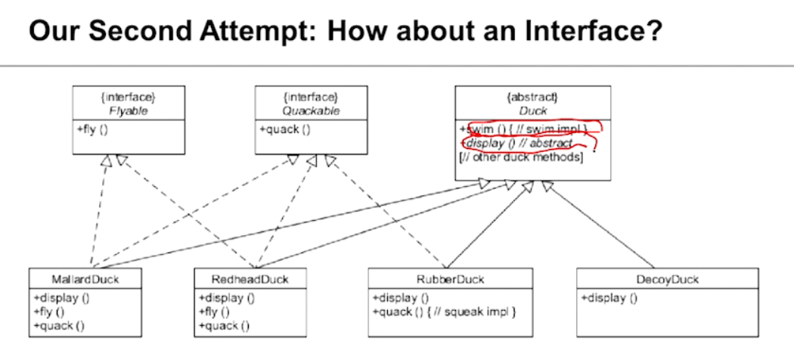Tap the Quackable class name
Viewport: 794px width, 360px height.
[x=312, y=110]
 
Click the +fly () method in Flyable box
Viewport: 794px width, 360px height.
[x=91, y=129]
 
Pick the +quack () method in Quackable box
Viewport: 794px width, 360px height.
[x=284, y=129]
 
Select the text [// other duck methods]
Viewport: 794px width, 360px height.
[x=521, y=157]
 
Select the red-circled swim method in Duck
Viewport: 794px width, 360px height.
[x=522, y=129]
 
